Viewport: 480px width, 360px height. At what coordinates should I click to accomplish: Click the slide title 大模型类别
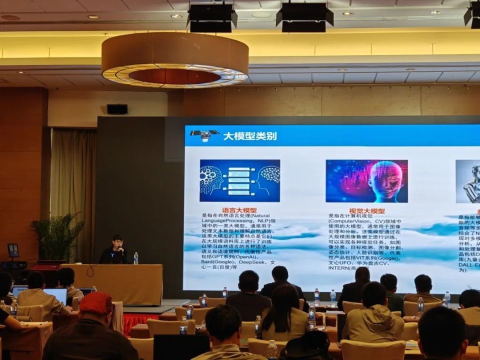click(249, 136)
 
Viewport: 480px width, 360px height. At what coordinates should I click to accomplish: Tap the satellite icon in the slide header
click(204, 135)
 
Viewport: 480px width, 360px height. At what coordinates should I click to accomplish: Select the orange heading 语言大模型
click(239, 210)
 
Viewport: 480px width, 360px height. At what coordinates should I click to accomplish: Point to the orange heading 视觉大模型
click(367, 211)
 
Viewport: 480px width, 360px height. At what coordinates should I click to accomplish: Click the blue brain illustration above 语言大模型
click(239, 180)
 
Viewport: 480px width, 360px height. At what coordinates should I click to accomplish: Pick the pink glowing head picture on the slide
click(366, 181)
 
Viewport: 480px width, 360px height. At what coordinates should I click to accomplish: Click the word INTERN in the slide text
click(340, 267)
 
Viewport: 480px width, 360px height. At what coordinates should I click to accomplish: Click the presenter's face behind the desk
click(117, 242)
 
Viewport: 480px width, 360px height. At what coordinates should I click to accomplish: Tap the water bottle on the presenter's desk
click(135, 258)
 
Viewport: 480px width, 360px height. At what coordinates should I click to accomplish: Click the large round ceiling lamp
click(174, 60)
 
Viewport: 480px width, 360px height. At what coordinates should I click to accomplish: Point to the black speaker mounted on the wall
click(117, 109)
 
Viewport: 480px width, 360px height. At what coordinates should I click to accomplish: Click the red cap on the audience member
click(96, 303)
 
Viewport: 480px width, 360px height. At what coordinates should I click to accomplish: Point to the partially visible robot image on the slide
click(468, 181)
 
